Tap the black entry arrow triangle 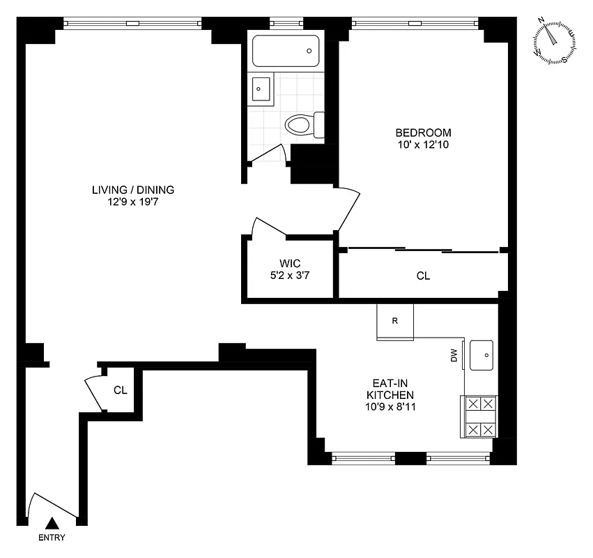coord(52,523)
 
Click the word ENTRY coord(52,538)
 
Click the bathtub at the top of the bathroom coord(284,51)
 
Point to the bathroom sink coord(261,89)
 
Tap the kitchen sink coord(482,355)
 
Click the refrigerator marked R coord(395,322)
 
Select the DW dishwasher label coord(454,356)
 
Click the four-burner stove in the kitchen coord(479,416)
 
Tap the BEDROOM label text coord(423,133)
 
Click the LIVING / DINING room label coord(132,190)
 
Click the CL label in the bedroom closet coord(423,276)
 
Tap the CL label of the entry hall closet coord(120,391)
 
